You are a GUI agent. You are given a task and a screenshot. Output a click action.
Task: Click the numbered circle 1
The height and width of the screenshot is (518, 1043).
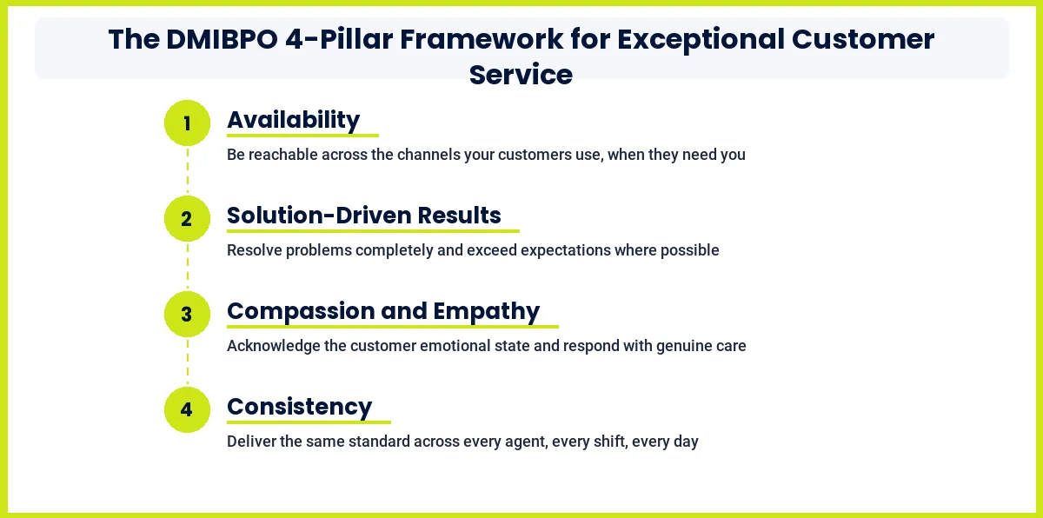point(187,123)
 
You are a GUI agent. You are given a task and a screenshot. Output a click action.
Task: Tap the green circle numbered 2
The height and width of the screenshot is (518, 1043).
point(187,219)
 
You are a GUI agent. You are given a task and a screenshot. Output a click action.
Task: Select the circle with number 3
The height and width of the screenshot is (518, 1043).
point(187,315)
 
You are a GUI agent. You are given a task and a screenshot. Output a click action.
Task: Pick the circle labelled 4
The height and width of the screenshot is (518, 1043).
point(187,410)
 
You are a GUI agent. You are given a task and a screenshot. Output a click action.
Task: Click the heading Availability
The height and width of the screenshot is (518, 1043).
point(293,120)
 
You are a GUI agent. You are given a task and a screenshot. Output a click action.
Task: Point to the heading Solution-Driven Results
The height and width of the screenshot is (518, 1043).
point(363,216)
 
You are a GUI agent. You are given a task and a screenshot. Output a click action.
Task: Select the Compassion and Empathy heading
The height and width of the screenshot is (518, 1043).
point(383,311)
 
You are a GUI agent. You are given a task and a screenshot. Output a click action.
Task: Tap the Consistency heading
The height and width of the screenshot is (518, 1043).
point(299,407)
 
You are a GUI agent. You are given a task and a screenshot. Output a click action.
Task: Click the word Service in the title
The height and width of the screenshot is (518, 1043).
point(521,75)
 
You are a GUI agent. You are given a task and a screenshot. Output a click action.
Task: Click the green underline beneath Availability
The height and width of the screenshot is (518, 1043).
point(302,136)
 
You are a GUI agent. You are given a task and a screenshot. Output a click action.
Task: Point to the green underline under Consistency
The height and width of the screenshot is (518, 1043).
point(309,422)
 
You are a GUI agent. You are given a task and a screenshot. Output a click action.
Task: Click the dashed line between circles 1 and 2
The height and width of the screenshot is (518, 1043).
point(187,171)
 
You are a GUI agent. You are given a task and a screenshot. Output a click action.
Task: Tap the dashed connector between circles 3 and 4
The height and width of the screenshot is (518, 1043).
point(187,362)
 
